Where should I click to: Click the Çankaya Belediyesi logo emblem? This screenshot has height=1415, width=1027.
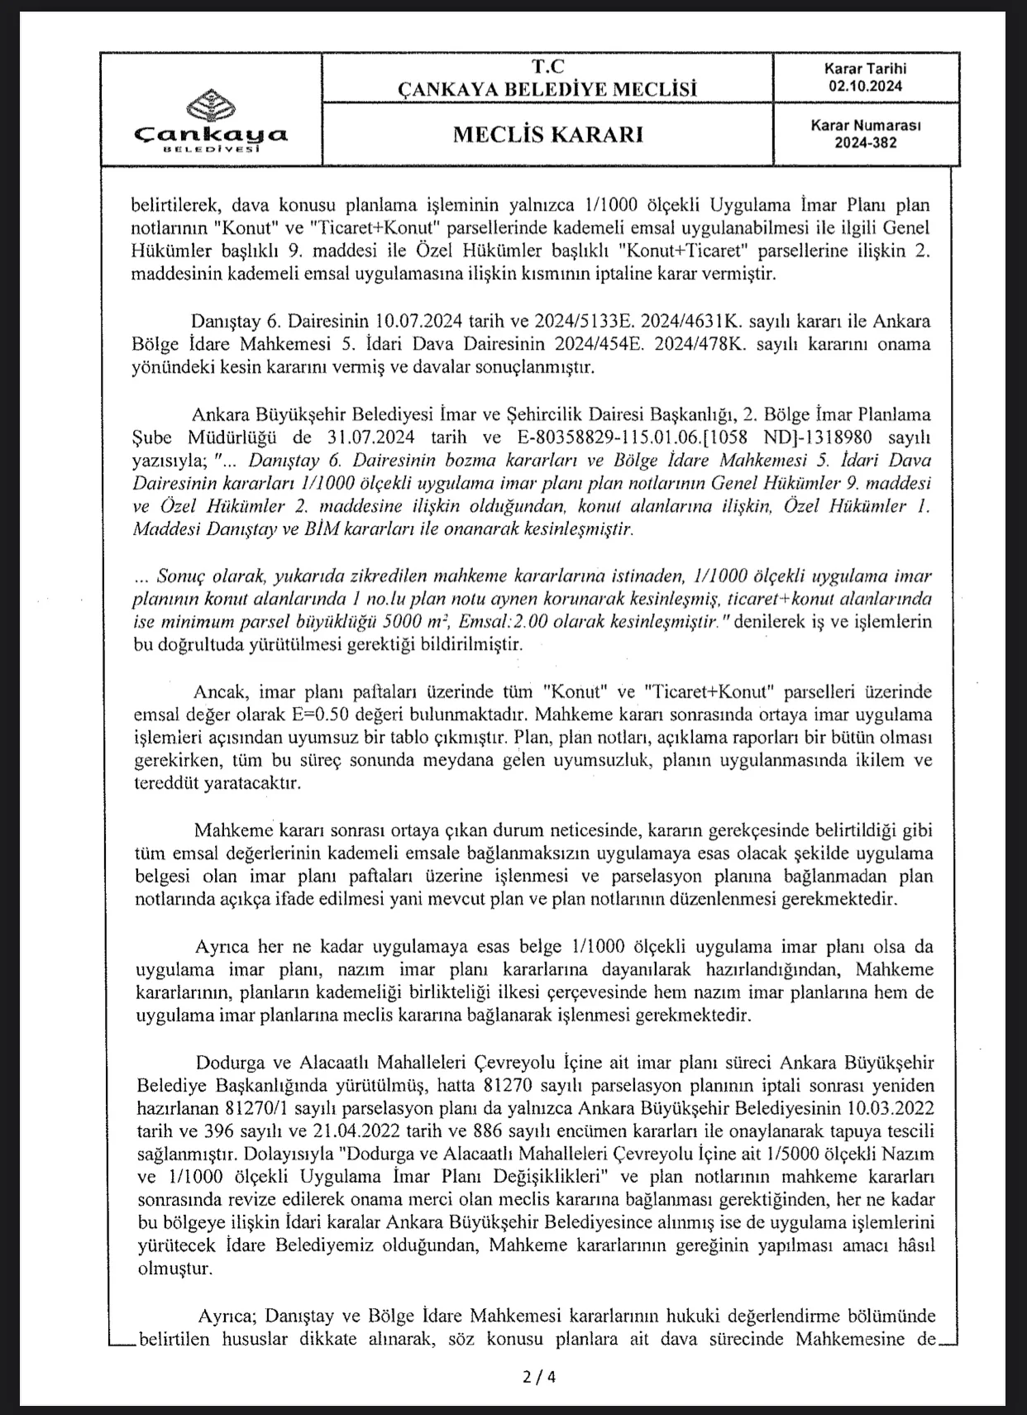211,104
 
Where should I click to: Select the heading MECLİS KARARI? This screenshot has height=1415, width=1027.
547,135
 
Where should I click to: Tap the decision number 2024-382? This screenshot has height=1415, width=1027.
865,143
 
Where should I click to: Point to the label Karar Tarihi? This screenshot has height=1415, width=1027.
865,69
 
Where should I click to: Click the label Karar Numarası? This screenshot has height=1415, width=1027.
865,126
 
